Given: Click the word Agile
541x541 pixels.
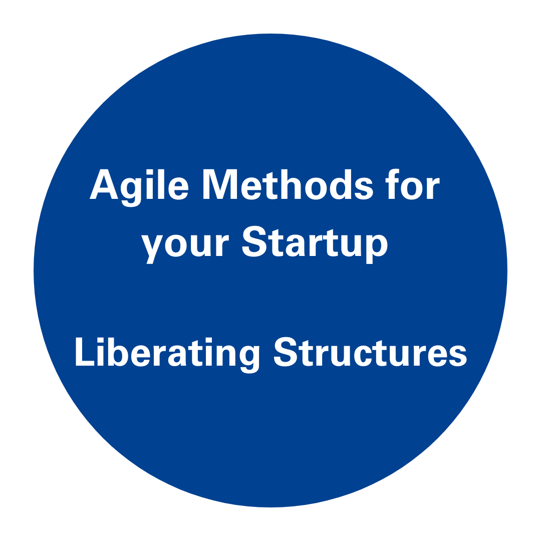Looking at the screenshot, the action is tap(139, 188).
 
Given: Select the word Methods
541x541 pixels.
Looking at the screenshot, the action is tap(288, 184).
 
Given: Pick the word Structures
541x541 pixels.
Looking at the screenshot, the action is tap(370, 352).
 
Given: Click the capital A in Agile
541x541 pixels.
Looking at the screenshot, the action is tap(104, 184).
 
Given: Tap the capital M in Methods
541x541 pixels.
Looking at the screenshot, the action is tap(220, 184).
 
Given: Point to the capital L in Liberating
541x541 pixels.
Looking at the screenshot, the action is tap(85, 351).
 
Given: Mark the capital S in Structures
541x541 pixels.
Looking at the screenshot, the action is tap(287, 352).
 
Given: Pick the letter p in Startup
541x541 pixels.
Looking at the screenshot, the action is tap(378, 248).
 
